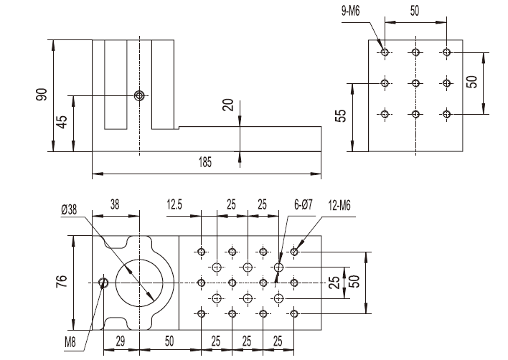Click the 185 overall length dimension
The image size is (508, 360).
pyautogui.click(x=205, y=163)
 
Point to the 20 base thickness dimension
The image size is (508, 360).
pyautogui.click(x=228, y=105)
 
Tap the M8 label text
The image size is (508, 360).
pyautogui.click(x=70, y=342)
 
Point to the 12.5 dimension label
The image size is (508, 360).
pyautogui.click(x=175, y=204)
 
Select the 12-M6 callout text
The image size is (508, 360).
pyautogui.click(x=339, y=204)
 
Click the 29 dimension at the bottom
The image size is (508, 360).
pyautogui.click(x=121, y=342)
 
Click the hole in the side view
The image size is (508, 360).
pyautogui.click(x=140, y=95)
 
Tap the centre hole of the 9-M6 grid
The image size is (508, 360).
pyautogui.click(x=415, y=83)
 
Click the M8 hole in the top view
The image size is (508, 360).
pyautogui.click(x=104, y=283)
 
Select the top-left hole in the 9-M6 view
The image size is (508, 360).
pyautogui.click(x=385, y=52)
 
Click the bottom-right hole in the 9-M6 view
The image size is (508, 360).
pyautogui.click(x=446, y=114)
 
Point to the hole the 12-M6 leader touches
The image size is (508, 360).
pyautogui.click(x=295, y=252)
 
